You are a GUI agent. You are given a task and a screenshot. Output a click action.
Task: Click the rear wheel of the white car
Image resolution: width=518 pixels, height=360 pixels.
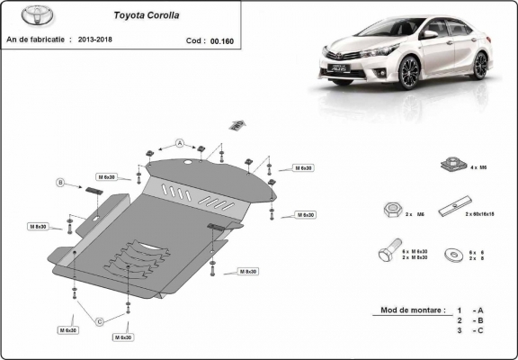tap(480, 64)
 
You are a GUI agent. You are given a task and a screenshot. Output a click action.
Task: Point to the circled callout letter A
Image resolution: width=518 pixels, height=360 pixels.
tap(179, 143)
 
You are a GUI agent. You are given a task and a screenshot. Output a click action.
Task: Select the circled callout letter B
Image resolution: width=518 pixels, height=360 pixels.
tap(61, 183)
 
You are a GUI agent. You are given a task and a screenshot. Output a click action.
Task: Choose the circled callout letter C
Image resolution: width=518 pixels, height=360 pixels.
tap(99, 321)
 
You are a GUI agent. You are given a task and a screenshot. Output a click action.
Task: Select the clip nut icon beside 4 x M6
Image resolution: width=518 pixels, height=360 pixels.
tap(452, 164)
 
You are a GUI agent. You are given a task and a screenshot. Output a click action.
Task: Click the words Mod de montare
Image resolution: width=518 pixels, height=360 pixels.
tap(413, 310)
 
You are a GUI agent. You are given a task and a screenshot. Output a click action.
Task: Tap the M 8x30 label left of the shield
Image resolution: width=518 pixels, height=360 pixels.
tap(38, 226)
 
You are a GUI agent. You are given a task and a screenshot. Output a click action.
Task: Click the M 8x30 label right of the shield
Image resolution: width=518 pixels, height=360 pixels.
tap(248, 271)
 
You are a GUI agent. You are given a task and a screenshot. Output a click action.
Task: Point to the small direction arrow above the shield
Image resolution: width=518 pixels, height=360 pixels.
tap(237, 124)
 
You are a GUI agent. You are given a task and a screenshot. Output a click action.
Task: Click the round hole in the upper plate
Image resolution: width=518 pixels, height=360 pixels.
tap(187, 163)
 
